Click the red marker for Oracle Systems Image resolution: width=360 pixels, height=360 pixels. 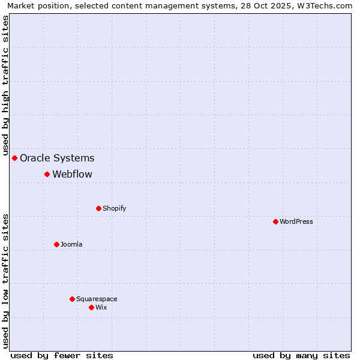[15, 158]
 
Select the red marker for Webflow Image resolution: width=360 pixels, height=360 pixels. [47, 174]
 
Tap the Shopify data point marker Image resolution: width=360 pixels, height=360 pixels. [98, 208]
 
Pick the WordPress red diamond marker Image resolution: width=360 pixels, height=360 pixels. [275, 221]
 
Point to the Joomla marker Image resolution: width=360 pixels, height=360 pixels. [56, 244]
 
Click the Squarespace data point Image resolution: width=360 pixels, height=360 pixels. [72, 299]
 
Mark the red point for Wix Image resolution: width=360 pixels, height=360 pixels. [91, 307]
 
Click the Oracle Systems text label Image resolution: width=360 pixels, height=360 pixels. [57, 158]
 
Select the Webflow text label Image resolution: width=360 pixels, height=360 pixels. [72, 175]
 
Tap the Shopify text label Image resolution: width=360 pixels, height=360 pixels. [114, 208]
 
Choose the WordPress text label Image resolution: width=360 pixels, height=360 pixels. [296, 221]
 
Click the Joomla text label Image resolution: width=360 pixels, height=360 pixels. [71, 244]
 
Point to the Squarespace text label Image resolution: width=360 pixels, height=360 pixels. [97, 299]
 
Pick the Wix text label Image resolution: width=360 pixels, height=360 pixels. [101, 307]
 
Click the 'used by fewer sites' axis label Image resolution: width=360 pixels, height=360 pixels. [62, 355]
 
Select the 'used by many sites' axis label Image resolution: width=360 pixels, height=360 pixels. [301, 355]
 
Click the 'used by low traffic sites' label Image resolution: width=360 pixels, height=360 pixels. [6, 281]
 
